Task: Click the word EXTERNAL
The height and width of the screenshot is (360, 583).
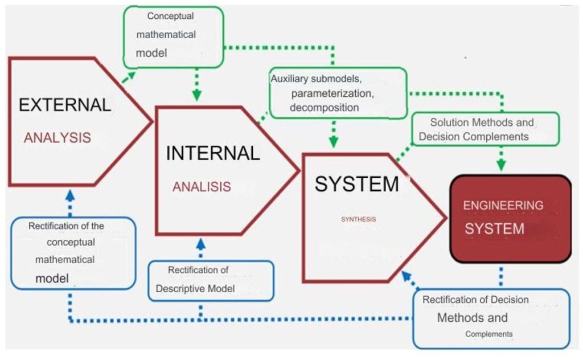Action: tap(65, 105)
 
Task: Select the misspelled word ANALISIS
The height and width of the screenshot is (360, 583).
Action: tap(202, 187)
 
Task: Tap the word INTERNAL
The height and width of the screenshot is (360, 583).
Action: tap(213, 153)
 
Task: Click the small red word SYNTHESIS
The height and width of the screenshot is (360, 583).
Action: tap(359, 219)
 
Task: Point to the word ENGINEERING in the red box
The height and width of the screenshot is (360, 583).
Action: tap(503, 205)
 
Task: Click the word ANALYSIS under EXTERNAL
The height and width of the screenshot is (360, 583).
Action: tap(58, 138)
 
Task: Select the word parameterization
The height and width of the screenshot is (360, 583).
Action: tap(332, 93)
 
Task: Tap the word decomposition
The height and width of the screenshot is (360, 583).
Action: tap(324, 108)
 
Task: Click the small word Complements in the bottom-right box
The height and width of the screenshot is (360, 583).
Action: tap(489, 334)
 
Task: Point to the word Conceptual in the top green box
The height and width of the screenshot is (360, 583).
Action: tap(170, 17)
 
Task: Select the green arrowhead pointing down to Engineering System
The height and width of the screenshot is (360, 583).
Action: tap(501, 165)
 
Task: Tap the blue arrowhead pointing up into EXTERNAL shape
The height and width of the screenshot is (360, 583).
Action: tap(70, 195)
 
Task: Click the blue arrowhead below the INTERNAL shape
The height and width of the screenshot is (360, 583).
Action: tap(201, 244)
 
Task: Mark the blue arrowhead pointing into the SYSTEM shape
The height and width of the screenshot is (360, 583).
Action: tap(406, 276)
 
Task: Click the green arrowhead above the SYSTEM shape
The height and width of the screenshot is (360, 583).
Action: tap(334, 142)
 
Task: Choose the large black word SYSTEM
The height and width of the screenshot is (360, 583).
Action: tap(357, 184)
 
